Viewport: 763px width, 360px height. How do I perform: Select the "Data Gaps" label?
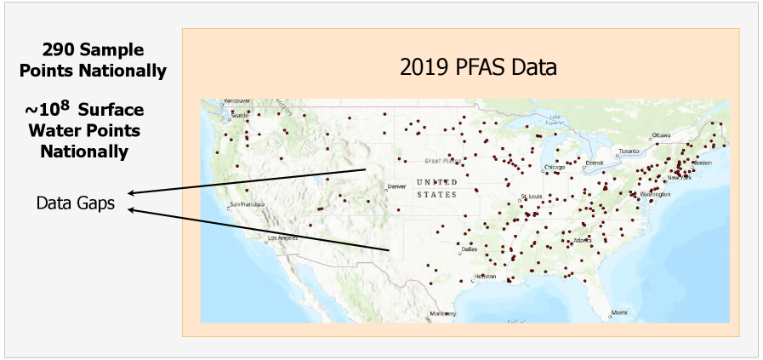click(x=76, y=203)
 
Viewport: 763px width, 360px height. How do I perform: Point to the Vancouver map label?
click(x=238, y=102)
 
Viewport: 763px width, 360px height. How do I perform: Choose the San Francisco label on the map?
click(x=249, y=205)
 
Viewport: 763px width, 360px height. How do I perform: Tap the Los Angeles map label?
click(x=283, y=237)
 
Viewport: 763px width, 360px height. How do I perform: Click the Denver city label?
click(x=396, y=186)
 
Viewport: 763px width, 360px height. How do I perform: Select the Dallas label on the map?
click(x=470, y=249)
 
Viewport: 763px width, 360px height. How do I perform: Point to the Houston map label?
click(x=485, y=277)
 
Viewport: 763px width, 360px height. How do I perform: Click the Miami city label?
click(x=619, y=312)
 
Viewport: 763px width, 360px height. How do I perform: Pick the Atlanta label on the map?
click(x=584, y=240)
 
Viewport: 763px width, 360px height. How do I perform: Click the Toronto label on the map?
click(x=629, y=151)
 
